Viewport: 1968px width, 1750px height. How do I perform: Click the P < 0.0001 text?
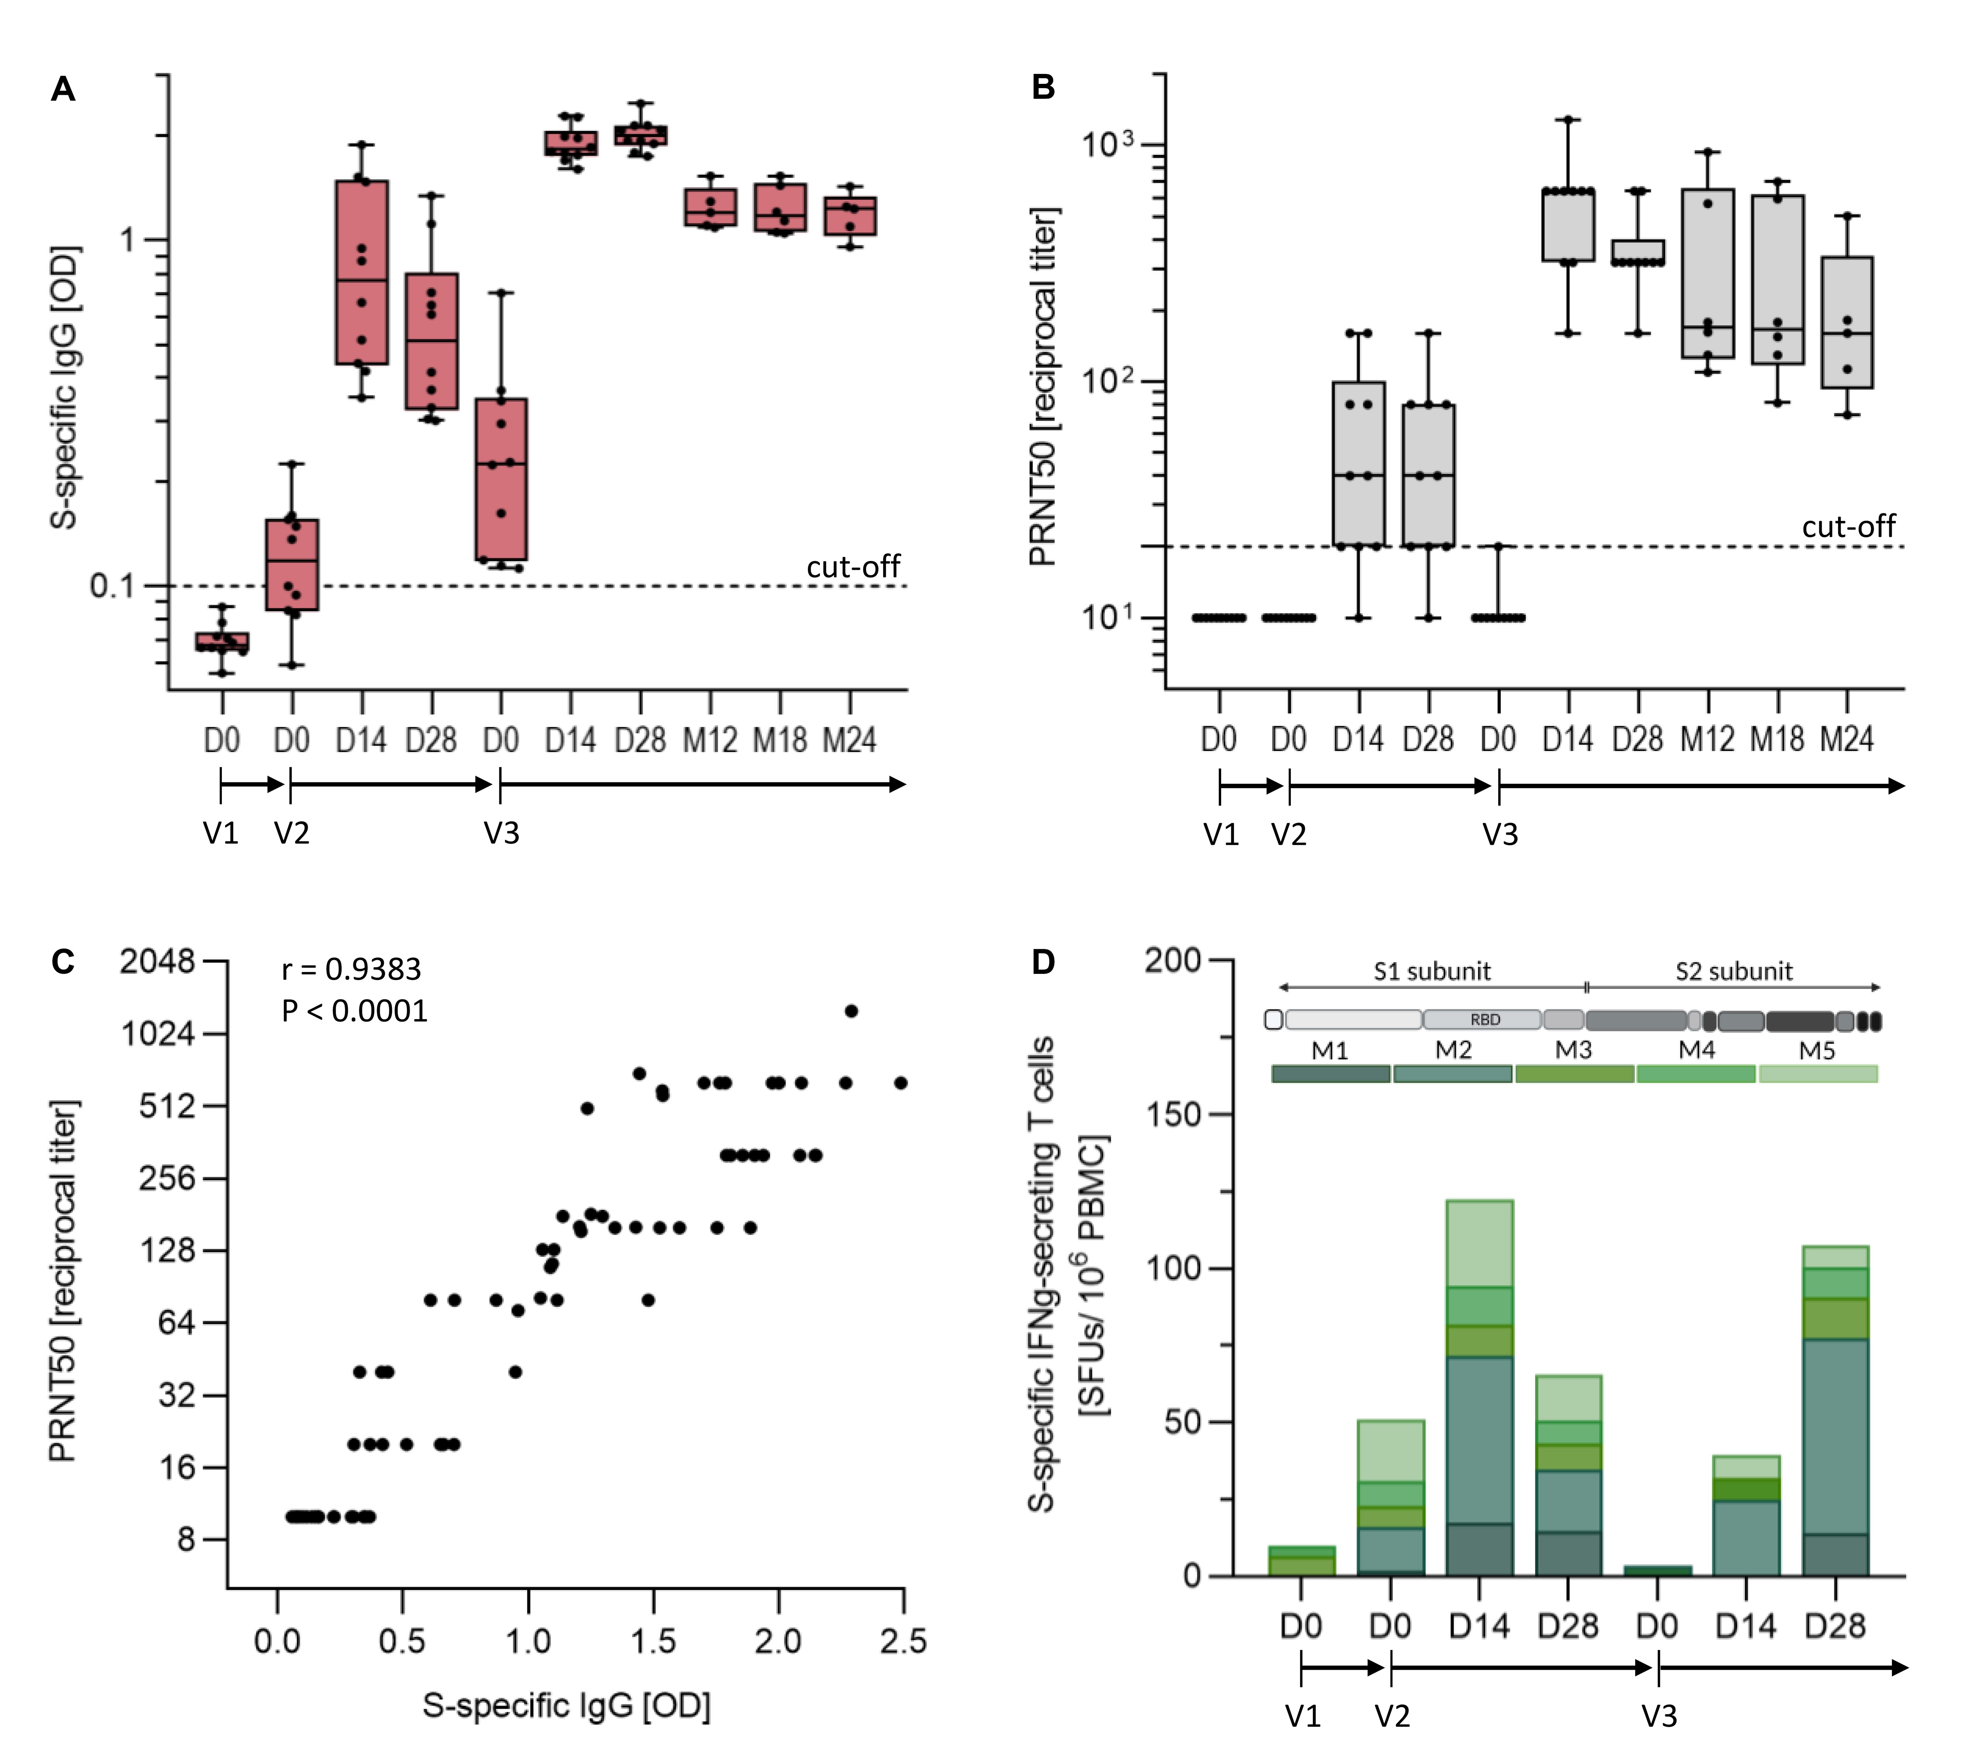click(x=354, y=1011)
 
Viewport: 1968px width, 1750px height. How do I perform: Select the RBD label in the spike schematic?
click(x=1485, y=1020)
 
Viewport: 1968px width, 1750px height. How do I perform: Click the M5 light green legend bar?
click(x=1818, y=1073)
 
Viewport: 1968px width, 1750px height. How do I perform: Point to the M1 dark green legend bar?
click(x=1330, y=1073)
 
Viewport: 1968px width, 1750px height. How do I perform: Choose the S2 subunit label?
click(x=1734, y=971)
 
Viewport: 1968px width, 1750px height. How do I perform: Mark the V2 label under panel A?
click(x=292, y=833)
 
